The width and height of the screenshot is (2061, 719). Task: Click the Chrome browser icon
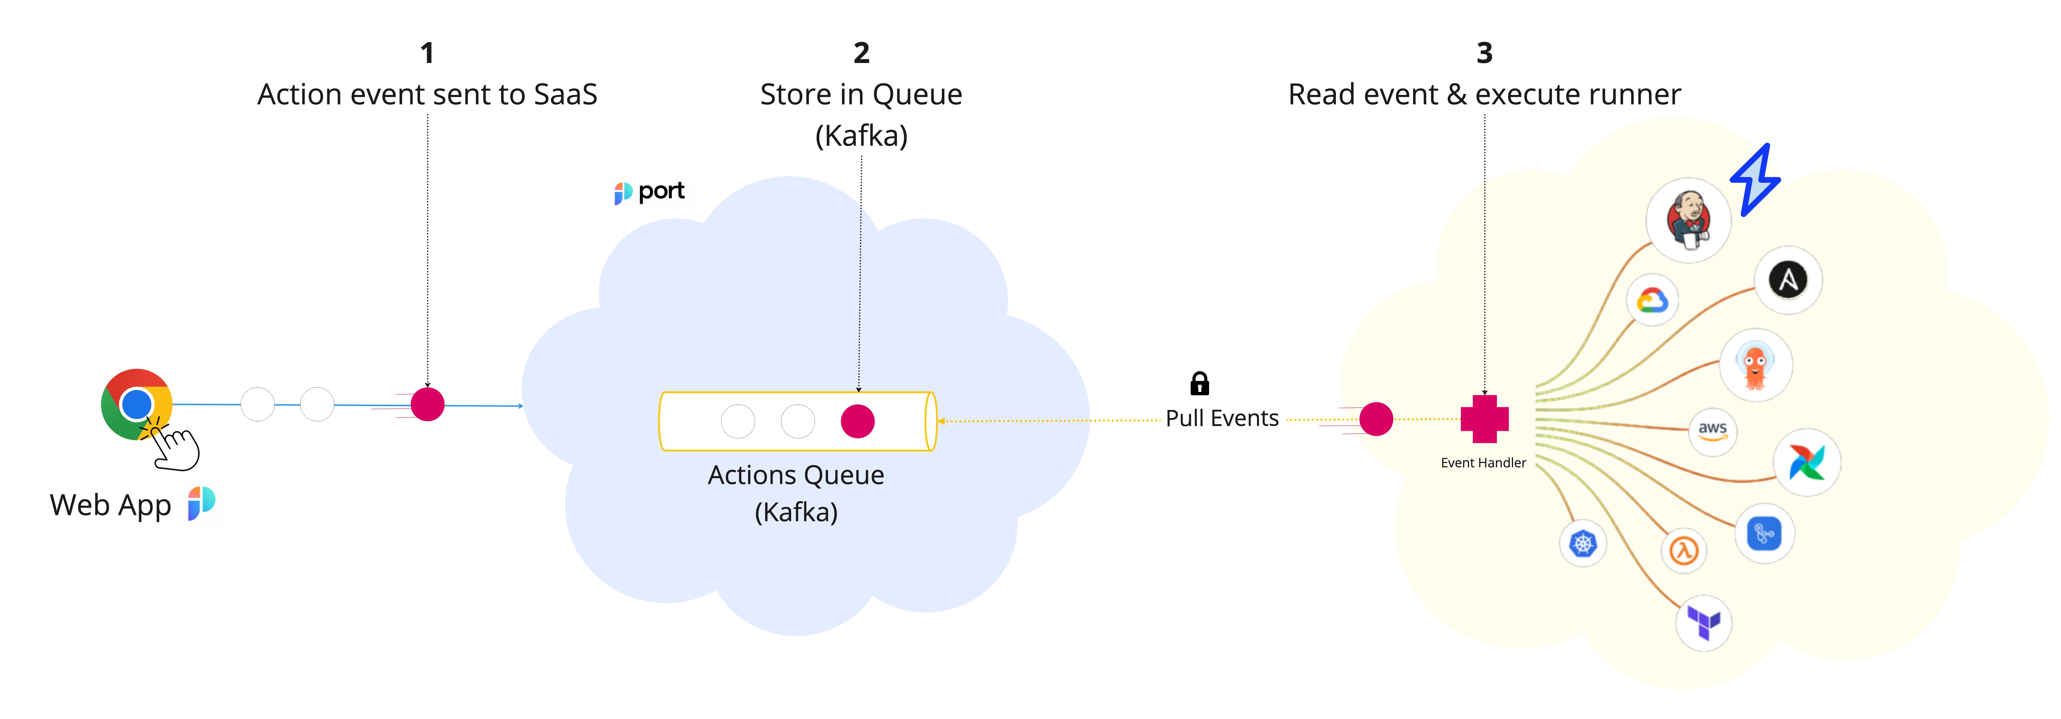pos(136,404)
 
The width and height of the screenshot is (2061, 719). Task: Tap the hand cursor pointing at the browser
pos(176,448)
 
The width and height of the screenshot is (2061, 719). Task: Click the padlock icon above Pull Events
pos(1199,384)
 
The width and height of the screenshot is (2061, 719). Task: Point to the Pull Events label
pos(1222,418)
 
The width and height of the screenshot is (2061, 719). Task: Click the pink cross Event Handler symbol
pos(1484,419)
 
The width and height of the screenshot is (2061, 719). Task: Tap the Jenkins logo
pos(1688,220)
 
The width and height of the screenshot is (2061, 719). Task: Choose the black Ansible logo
pos(1788,280)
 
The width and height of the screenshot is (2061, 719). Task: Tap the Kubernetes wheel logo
pos(1582,544)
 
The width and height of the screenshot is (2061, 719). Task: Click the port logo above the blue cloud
pos(650,192)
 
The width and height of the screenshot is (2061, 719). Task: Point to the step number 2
pos(861,54)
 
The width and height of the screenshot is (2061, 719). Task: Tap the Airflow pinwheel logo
pos(1806,462)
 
